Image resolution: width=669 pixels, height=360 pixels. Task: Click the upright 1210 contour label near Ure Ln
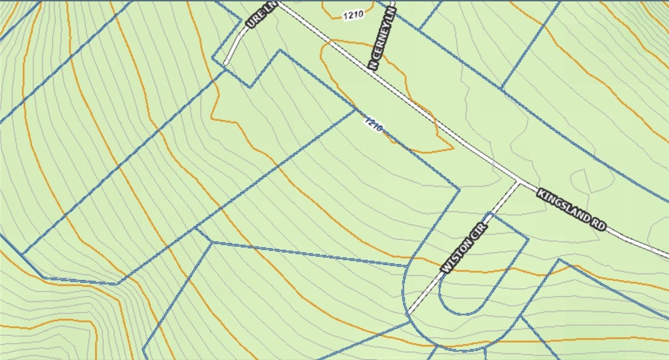pyautogui.click(x=353, y=15)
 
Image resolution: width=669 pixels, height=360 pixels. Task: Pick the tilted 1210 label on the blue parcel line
pyautogui.click(x=373, y=125)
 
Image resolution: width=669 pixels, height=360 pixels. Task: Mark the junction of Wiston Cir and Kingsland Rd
pyautogui.click(x=518, y=182)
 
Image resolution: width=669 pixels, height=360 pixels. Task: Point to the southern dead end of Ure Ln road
pyautogui.click(x=226, y=63)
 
